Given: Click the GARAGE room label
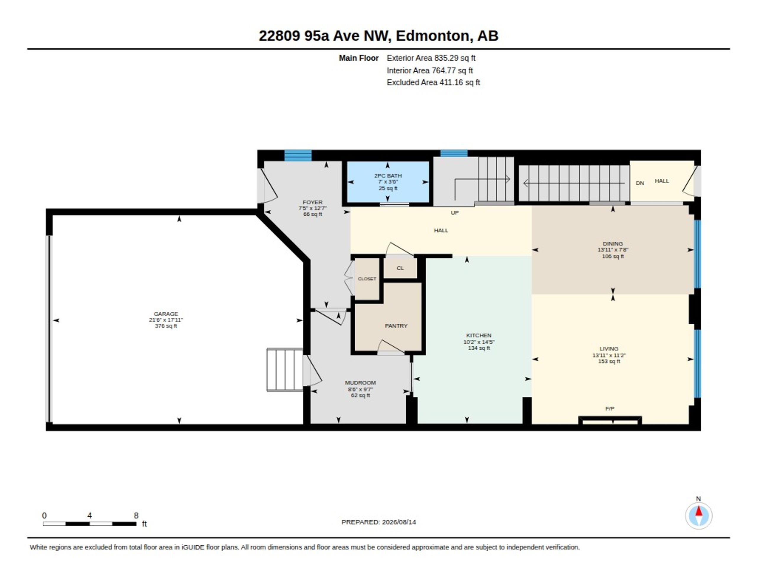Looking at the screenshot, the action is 166,314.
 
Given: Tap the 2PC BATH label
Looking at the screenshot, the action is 388,176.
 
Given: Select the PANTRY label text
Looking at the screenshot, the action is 396,326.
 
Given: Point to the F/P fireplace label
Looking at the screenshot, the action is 610,408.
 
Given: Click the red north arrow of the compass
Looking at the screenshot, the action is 699,511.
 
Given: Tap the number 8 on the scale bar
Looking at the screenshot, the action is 136,516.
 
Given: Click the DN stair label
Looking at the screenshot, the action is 640,183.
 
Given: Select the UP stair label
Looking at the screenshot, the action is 454,213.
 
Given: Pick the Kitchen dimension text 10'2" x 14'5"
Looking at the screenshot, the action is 479,342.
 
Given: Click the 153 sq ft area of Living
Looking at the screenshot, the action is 609,361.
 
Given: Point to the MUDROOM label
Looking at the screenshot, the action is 360,382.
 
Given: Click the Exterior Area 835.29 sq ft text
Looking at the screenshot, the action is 431,58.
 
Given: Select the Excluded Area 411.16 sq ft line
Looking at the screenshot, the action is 433,83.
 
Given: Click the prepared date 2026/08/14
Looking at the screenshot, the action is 399,522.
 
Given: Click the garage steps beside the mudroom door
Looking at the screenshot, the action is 285,370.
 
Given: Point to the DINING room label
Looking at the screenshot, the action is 612,243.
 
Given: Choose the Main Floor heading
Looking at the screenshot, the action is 358,58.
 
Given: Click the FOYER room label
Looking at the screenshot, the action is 312,202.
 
